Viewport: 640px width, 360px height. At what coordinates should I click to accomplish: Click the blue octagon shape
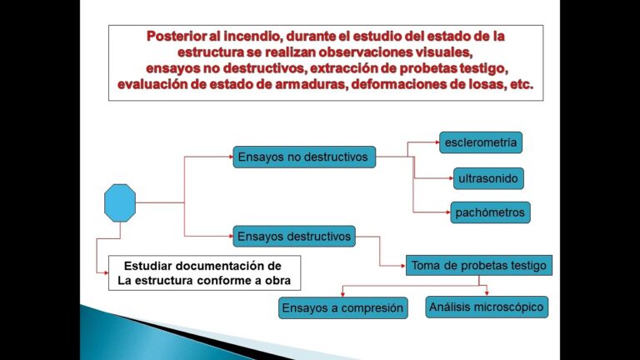click(x=120, y=202)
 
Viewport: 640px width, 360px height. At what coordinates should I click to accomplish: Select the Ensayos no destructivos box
click(x=304, y=157)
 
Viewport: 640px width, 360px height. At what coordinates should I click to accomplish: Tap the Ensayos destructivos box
click(x=294, y=237)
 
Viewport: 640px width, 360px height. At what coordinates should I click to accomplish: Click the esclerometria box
click(x=480, y=142)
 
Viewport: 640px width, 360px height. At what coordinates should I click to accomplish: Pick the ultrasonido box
click(x=488, y=178)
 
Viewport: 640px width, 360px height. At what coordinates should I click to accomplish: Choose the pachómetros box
click(x=490, y=212)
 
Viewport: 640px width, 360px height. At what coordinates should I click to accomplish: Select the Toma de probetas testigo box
click(x=479, y=265)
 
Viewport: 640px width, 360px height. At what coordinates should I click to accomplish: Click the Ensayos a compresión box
click(x=342, y=307)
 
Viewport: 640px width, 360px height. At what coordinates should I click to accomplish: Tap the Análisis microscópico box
click(x=487, y=307)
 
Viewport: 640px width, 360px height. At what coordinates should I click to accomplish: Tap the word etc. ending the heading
click(x=522, y=84)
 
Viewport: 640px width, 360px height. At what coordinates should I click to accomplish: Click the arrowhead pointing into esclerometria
click(x=437, y=142)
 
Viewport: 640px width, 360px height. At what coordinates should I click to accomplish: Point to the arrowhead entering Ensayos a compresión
click(x=342, y=294)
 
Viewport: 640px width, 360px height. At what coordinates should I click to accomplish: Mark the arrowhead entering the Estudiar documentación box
click(x=106, y=272)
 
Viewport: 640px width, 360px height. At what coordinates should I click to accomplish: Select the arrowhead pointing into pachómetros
click(x=448, y=212)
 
